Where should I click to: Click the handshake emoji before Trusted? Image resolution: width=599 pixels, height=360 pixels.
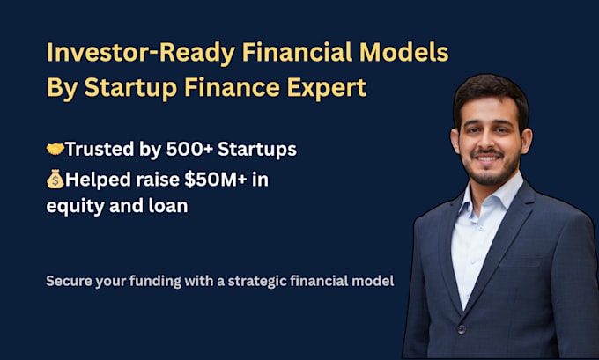(55, 150)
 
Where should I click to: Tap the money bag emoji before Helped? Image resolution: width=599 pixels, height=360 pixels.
(55, 180)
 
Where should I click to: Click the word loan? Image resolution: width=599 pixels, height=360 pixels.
(167, 208)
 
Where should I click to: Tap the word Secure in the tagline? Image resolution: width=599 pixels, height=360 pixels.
(67, 282)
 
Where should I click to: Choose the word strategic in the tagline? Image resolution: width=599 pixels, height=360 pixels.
(287, 282)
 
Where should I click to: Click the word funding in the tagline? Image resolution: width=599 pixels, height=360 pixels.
(161, 282)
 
